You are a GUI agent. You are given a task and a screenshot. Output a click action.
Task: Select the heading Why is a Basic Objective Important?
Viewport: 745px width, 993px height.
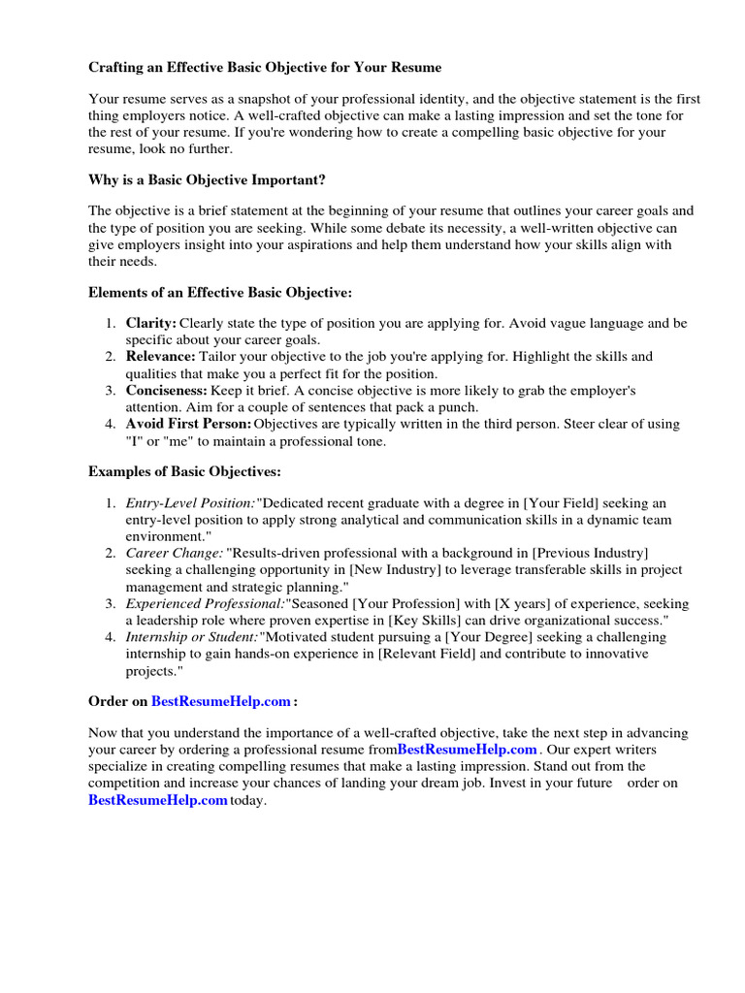pyautogui.click(x=207, y=180)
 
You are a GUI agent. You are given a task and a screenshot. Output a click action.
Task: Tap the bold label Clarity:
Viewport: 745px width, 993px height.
pyautogui.click(x=151, y=322)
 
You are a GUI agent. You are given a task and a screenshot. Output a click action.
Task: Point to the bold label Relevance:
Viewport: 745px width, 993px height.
pyautogui.click(x=160, y=357)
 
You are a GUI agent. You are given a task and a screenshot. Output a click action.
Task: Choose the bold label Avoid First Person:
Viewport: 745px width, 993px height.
pyautogui.click(x=188, y=424)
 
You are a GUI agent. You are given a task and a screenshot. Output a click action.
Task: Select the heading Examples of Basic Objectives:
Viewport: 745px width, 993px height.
pyautogui.click(x=184, y=471)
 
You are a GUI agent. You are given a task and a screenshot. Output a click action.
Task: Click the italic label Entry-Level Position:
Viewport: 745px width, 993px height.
pyautogui.click(x=190, y=503)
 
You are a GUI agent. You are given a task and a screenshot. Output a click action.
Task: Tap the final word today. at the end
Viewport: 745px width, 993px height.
pyautogui.click(x=247, y=801)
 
